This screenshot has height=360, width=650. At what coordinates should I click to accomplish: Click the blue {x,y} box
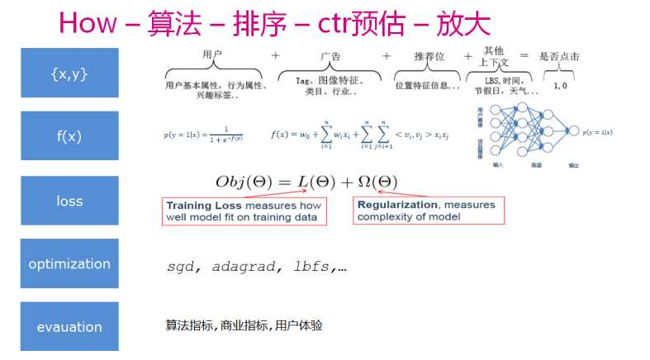[69, 73]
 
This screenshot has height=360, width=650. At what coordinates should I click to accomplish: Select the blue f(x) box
[69, 136]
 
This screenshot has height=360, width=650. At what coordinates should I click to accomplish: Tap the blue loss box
[69, 201]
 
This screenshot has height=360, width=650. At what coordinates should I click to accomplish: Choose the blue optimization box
[69, 264]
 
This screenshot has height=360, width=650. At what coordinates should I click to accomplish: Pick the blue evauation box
[69, 327]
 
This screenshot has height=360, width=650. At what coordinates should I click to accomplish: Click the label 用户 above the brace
[213, 54]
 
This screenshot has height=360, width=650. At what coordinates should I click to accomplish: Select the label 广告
[330, 56]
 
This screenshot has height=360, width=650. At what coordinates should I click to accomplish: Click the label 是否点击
[559, 57]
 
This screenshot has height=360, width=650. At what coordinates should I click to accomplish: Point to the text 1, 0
[559, 85]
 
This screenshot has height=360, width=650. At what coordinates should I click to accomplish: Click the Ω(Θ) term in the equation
[375, 181]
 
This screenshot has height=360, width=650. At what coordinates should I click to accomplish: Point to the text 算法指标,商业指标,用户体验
[244, 325]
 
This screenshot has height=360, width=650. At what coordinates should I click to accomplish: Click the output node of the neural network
[570, 131]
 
